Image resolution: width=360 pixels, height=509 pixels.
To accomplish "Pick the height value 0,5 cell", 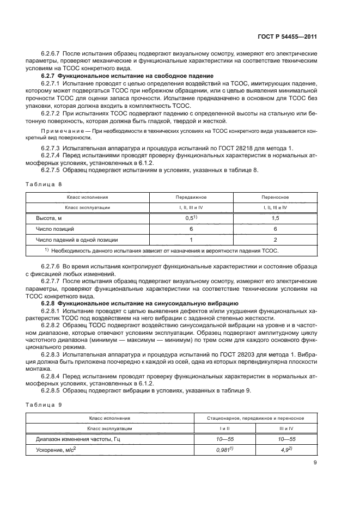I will [x=191, y=218].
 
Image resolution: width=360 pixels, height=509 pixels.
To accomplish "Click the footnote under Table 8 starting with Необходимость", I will [x=163, y=250].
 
